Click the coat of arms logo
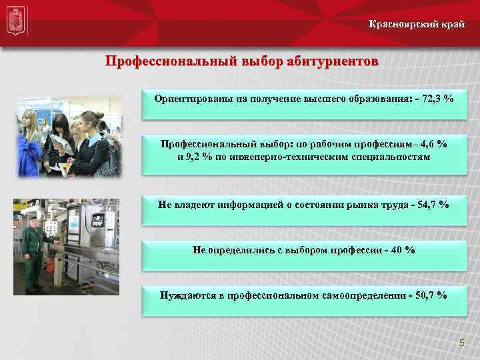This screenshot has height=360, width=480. tap(15, 23)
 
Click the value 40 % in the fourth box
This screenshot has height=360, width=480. tap(405, 250)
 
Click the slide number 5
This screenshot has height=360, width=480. tap(460, 343)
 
